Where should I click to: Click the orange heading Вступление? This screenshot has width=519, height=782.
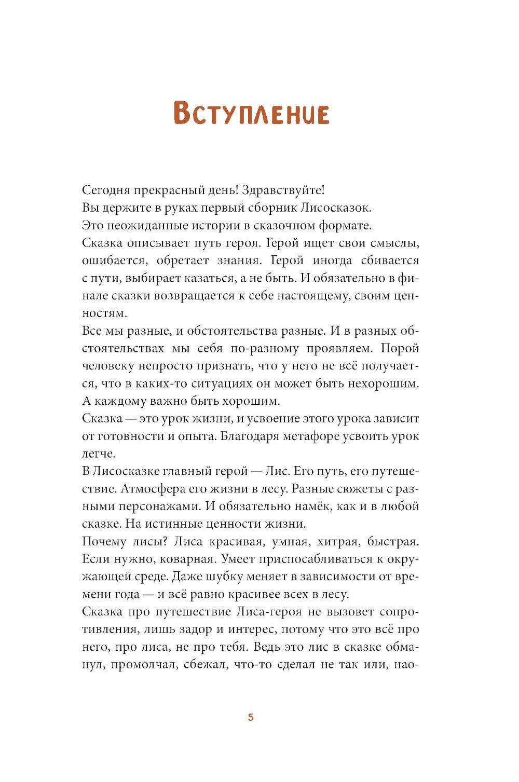[251, 113]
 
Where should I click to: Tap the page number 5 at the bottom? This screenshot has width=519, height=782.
[251, 717]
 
